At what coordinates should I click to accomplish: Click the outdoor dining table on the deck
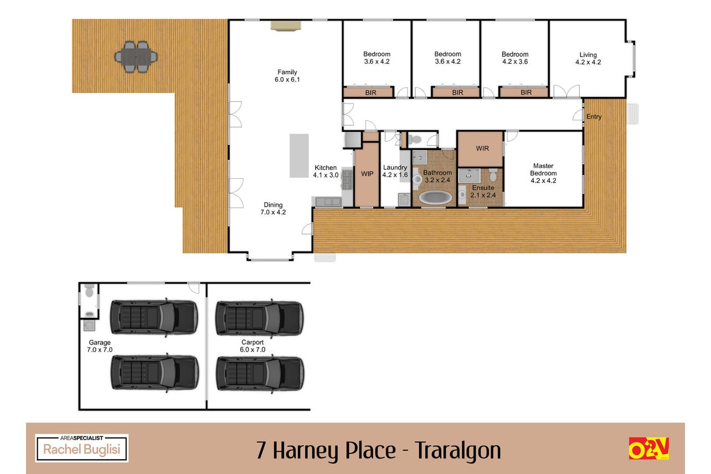pyautogui.click(x=136, y=57)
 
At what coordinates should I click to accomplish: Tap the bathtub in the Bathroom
pyautogui.click(x=435, y=197)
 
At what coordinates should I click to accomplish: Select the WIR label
pyautogui.click(x=482, y=148)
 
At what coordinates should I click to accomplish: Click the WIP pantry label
pyautogui.click(x=367, y=174)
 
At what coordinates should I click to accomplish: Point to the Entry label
pyautogui.click(x=594, y=116)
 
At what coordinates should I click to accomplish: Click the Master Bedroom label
pyautogui.click(x=543, y=173)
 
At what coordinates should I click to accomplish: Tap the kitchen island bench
pyautogui.click(x=299, y=156)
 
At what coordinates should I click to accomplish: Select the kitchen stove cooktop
pyautogui.click(x=347, y=180)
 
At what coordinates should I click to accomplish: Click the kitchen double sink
pyautogui.click(x=328, y=201)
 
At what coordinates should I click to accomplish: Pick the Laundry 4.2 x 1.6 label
pyautogui.click(x=395, y=171)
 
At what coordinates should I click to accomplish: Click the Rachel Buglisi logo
pyautogui.click(x=82, y=448)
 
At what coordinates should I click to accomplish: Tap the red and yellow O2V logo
pyautogui.click(x=649, y=448)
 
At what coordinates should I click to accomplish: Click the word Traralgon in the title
pyautogui.click(x=458, y=451)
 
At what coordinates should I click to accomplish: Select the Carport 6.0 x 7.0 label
pyautogui.click(x=253, y=346)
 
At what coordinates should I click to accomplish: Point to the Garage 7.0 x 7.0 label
pyautogui.click(x=100, y=346)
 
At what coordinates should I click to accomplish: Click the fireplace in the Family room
pyautogui.click(x=286, y=25)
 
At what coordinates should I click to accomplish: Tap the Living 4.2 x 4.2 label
pyautogui.click(x=588, y=58)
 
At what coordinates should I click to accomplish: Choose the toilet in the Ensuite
pyautogui.click(x=493, y=174)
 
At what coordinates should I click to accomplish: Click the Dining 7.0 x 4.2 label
pyautogui.click(x=273, y=208)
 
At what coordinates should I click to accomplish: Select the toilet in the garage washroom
pyautogui.click(x=90, y=290)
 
